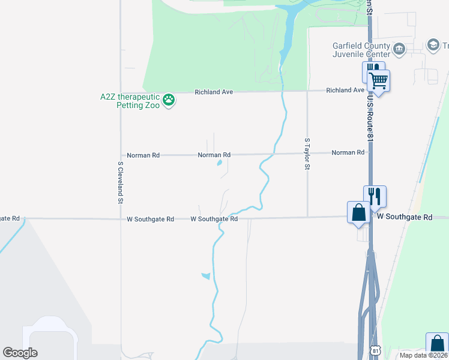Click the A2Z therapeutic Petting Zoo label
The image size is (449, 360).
pyautogui.click(x=130, y=101)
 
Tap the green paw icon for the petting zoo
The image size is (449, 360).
pyautogui.click(x=169, y=100)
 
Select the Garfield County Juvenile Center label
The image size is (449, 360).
pyautogui.click(x=361, y=50)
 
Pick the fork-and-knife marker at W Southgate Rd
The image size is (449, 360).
pyautogui.click(x=373, y=196)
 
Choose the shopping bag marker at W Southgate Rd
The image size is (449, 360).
pyautogui.click(x=358, y=213)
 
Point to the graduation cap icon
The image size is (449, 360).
pyautogui.click(x=433, y=45)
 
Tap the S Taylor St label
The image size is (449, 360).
pyautogui.click(x=307, y=154)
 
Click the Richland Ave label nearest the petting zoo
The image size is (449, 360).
pyautogui.click(x=213, y=92)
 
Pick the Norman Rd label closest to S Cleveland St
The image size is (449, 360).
pyautogui.click(x=143, y=155)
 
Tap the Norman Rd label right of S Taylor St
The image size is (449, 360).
pyautogui.click(x=348, y=152)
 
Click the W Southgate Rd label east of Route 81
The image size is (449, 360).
pyautogui.click(x=404, y=217)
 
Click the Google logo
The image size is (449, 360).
pyautogui.click(x=20, y=353)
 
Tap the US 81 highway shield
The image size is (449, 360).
pyautogui.click(x=375, y=349)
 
